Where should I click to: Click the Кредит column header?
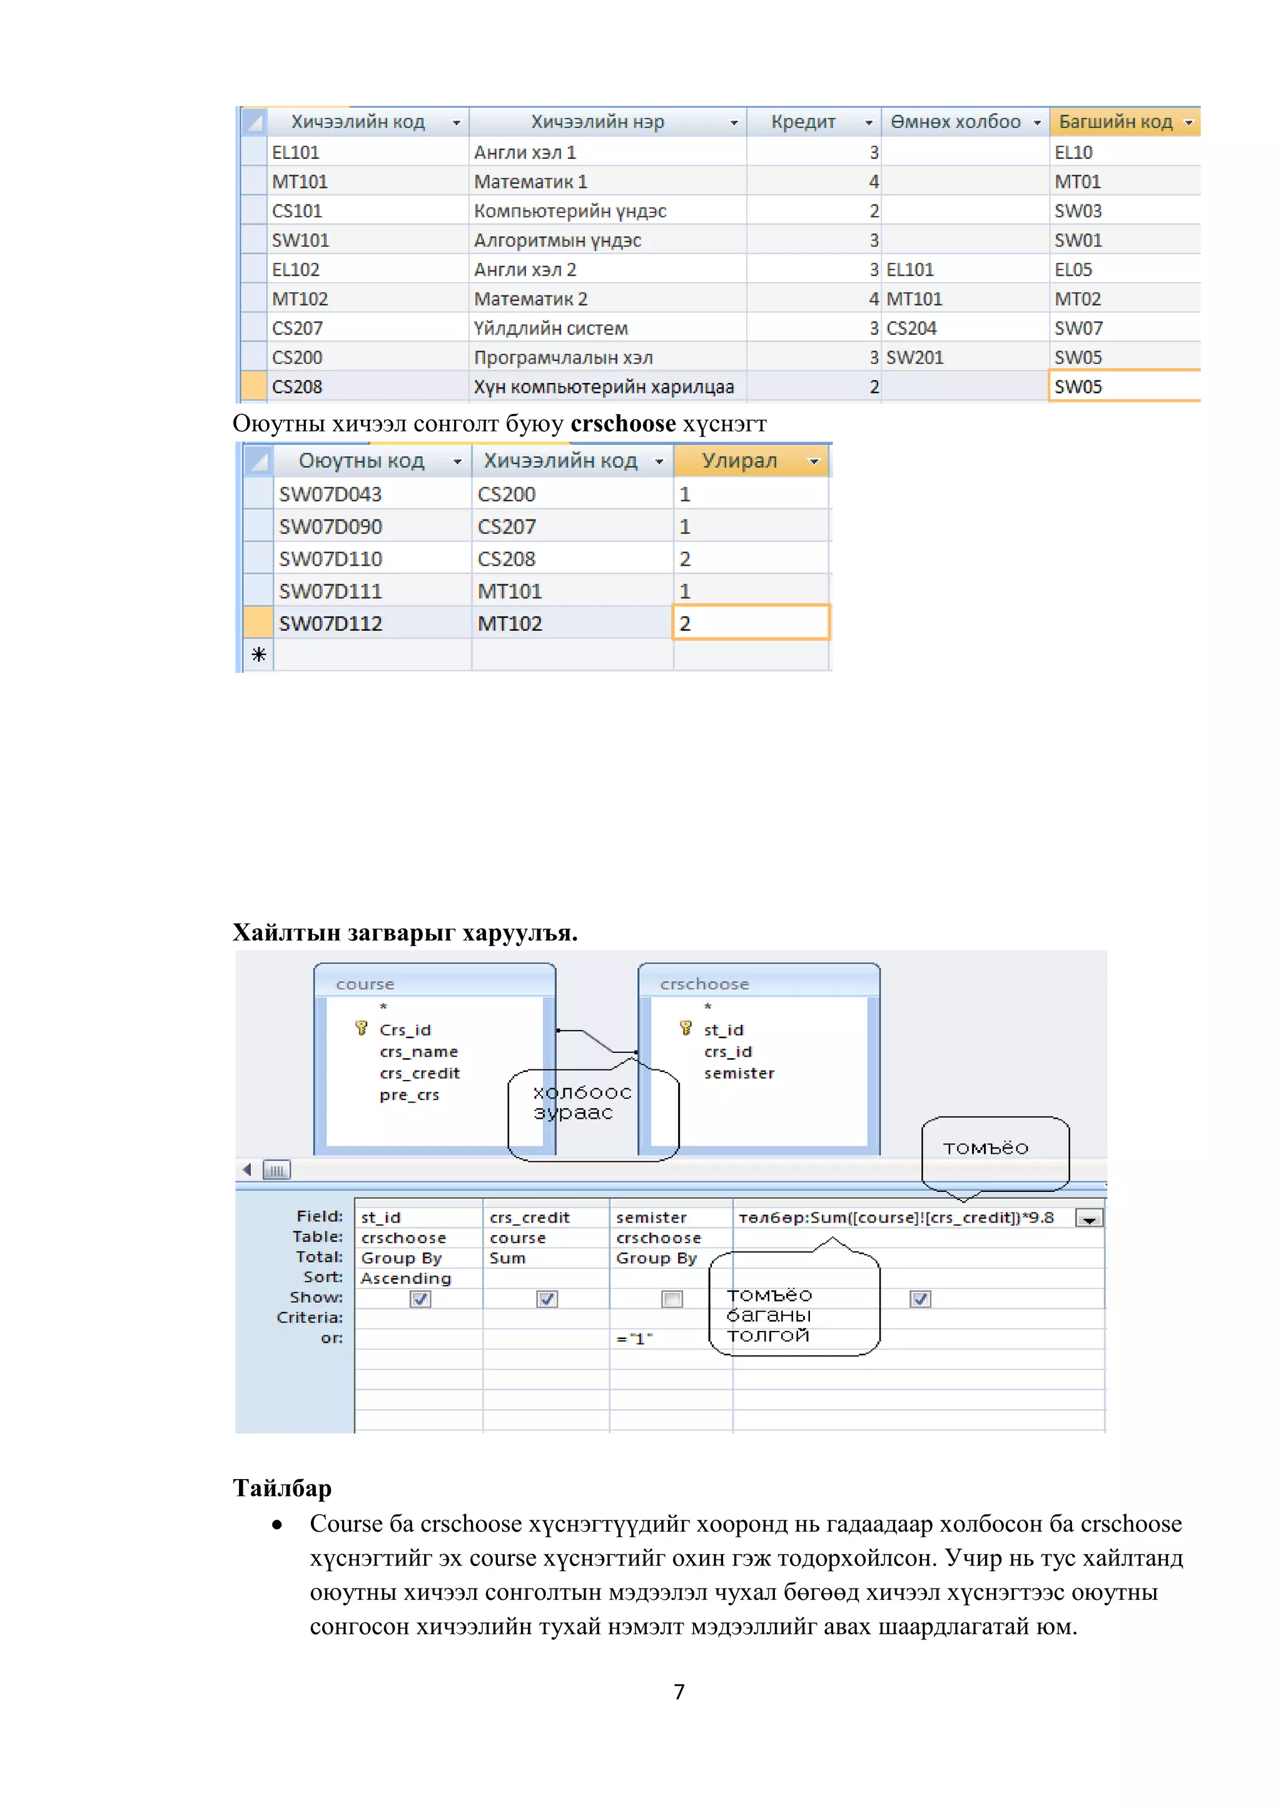[803, 123]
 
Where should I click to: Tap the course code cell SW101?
[300, 241]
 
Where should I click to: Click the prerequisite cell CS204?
[911, 328]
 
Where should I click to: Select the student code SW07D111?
[330, 591]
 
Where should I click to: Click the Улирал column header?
[740, 461]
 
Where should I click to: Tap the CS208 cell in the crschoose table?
[507, 559]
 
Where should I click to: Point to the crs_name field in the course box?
[418, 1052]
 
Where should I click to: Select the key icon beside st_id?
[686, 1029]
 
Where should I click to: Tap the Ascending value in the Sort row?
[405, 1278]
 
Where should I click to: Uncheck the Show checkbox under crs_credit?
[547, 1299]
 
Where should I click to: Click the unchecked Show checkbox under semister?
[672, 1299]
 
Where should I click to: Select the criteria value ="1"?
[635, 1339]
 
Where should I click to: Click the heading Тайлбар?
[281, 1489]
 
